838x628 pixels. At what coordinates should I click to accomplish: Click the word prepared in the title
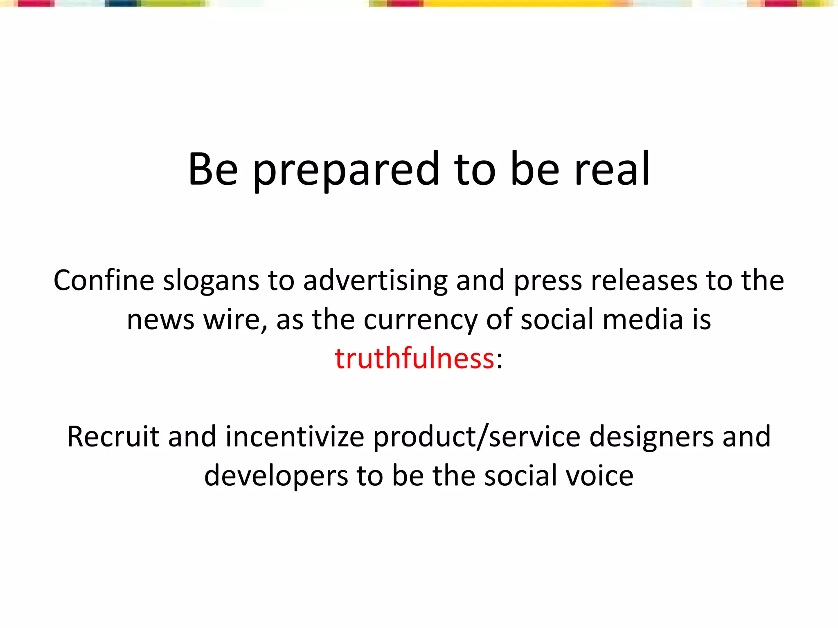346,169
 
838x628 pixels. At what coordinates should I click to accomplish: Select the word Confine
104,280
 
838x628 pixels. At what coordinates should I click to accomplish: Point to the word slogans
211,281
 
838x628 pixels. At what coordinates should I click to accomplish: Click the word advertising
375,281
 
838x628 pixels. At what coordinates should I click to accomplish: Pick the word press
547,281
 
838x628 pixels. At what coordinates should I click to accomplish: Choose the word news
160,320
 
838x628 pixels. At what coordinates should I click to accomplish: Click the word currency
420,320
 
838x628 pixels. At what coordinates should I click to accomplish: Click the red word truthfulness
414,358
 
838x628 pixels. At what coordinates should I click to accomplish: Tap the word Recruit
113,437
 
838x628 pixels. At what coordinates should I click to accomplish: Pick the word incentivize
295,437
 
